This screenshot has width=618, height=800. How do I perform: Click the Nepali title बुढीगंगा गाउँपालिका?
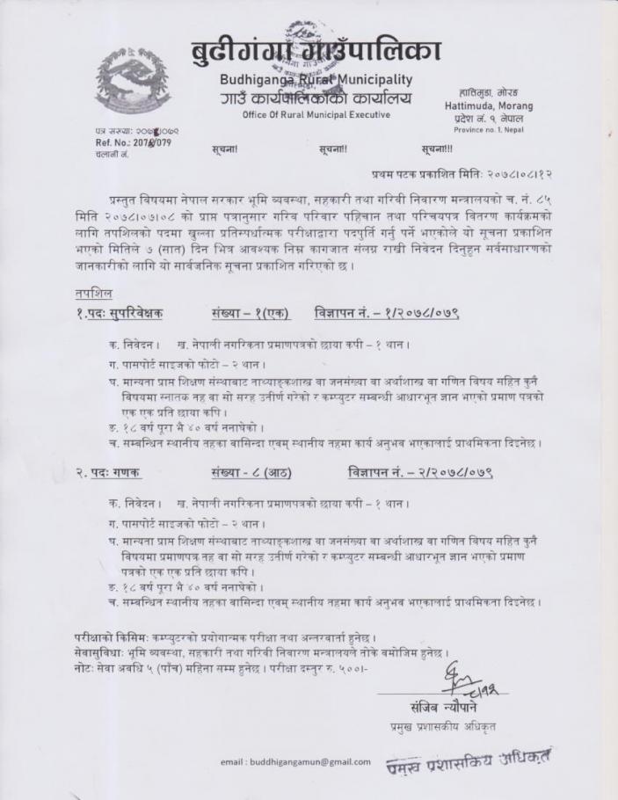click(315, 49)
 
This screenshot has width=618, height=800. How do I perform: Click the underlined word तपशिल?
click(92, 294)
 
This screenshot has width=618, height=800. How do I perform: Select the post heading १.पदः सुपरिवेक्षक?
click(118, 313)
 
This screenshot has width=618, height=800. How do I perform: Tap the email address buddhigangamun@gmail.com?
click(295, 761)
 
